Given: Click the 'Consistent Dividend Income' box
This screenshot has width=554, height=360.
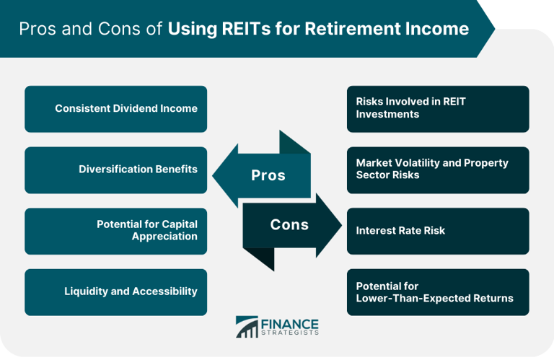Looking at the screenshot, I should tap(115, 109).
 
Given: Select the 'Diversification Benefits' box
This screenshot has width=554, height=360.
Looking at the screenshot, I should tap(115, 170).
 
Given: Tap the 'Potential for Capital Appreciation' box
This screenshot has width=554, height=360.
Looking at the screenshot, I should tap(115, 231).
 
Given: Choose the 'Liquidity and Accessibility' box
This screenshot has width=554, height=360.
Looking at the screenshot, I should tap(115, 292).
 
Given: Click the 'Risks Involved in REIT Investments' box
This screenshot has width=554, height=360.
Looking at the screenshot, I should tap(438, 109).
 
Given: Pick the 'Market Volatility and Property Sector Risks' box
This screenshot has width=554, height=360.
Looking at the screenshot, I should tap(438, 170).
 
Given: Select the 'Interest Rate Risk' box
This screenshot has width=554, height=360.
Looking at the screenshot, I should tap(438, 231).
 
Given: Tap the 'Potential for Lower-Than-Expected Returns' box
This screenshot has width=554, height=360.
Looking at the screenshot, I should tap(438, 292).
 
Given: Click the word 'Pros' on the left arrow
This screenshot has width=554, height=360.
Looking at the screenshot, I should tap(268, 176).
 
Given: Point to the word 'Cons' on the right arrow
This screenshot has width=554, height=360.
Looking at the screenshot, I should tap(289, 225).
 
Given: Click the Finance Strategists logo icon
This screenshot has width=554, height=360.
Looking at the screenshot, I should tap(247, 327).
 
